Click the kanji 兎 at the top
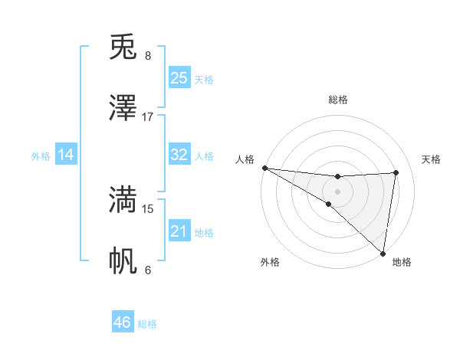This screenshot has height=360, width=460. (123, 47)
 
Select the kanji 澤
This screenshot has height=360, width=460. (123, 108)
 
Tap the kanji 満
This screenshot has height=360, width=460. (123, 199)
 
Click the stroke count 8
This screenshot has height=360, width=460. (148, 56)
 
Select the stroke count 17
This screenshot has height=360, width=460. (148, 117)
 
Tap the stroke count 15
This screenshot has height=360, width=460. (148, 208)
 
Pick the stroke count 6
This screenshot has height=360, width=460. (148, 270)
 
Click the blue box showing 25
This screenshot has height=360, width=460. (179, 78)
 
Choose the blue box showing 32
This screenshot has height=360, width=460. (179, 155)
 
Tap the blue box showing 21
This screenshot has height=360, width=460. (179, 231)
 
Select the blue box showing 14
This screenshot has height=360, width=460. (66, 155)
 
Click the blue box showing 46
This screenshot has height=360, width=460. (123, 322)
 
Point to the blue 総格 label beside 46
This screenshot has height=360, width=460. (148, 324)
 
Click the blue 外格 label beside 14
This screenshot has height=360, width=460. (41, 156)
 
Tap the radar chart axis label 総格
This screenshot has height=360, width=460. (338, 100)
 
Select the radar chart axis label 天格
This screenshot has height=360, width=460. (431, 159)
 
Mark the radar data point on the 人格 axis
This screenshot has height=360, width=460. (264, 168)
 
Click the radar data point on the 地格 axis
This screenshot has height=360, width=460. (383, 253)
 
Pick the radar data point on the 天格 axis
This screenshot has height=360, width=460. (396, 172)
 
